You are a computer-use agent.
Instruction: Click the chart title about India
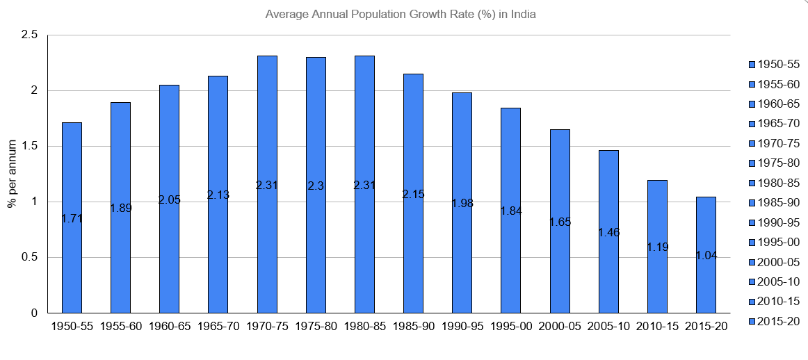click(x=401, y=14)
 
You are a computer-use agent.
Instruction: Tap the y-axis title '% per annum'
click(x=12, y=174)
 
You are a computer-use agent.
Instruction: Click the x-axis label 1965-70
click(x=218, y=327)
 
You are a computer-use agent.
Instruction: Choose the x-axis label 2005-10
click(x=608, y=327)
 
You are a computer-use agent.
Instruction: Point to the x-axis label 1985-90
click(x=413, y=327)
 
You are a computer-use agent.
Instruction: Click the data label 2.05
click(x=169, y=199)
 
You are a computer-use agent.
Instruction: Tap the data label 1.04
click(x=706, y=255)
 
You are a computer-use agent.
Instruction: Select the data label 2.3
click(x=316, y=186)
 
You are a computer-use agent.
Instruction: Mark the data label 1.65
click(x=560, y=222)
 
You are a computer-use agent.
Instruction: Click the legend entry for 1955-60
click(x=773, y=84)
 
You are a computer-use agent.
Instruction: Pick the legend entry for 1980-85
click(x=773, y=183)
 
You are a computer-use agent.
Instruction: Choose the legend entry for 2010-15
click(x=773, y=301)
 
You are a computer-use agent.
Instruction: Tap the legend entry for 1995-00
click(x=773, y=242)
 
